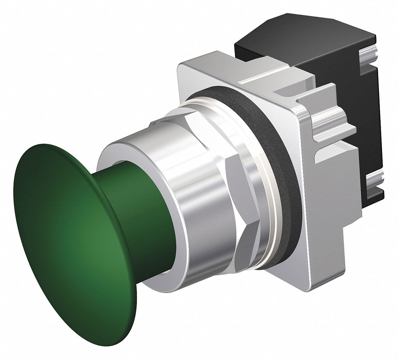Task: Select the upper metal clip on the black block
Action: (370, 57)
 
